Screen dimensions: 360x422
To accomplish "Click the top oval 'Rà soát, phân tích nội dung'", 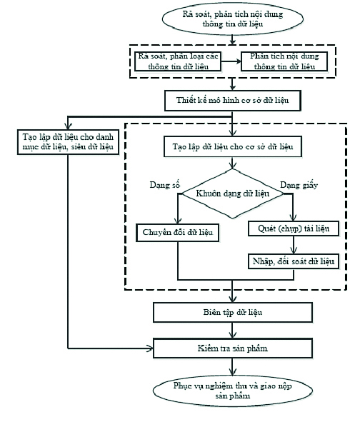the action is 233,19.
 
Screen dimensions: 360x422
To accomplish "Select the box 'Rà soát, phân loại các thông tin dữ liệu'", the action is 178,61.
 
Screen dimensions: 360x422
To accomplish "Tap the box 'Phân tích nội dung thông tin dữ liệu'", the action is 284,61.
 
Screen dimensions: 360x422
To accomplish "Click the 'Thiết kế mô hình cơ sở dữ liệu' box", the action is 233,101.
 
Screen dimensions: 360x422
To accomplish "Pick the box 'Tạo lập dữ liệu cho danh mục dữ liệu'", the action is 68,142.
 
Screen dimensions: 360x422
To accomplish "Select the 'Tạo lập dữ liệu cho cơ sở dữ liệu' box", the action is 233,146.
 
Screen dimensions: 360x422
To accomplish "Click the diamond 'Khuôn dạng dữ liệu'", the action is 233,194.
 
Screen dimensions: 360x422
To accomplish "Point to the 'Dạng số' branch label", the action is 165,185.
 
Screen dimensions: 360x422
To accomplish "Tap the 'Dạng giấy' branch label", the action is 299,185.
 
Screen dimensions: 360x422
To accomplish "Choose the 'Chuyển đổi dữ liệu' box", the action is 177,233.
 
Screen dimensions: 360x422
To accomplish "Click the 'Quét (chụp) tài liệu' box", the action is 294,228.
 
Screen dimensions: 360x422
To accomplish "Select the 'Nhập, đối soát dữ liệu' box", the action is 294,261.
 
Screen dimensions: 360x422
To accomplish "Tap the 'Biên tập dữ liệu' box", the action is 233,313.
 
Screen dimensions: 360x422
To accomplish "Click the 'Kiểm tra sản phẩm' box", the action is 233,348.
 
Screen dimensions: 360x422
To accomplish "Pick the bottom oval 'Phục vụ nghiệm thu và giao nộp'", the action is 233,391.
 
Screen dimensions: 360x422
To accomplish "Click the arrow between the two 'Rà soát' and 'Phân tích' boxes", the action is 231,61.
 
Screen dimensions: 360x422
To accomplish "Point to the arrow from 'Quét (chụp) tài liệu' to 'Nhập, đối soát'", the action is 294,245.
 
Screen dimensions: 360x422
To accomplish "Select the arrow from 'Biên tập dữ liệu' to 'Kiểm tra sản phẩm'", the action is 232,330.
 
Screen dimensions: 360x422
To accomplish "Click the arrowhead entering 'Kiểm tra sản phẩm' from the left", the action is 150,348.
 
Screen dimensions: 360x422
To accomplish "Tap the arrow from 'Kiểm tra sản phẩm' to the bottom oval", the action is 232,366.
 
